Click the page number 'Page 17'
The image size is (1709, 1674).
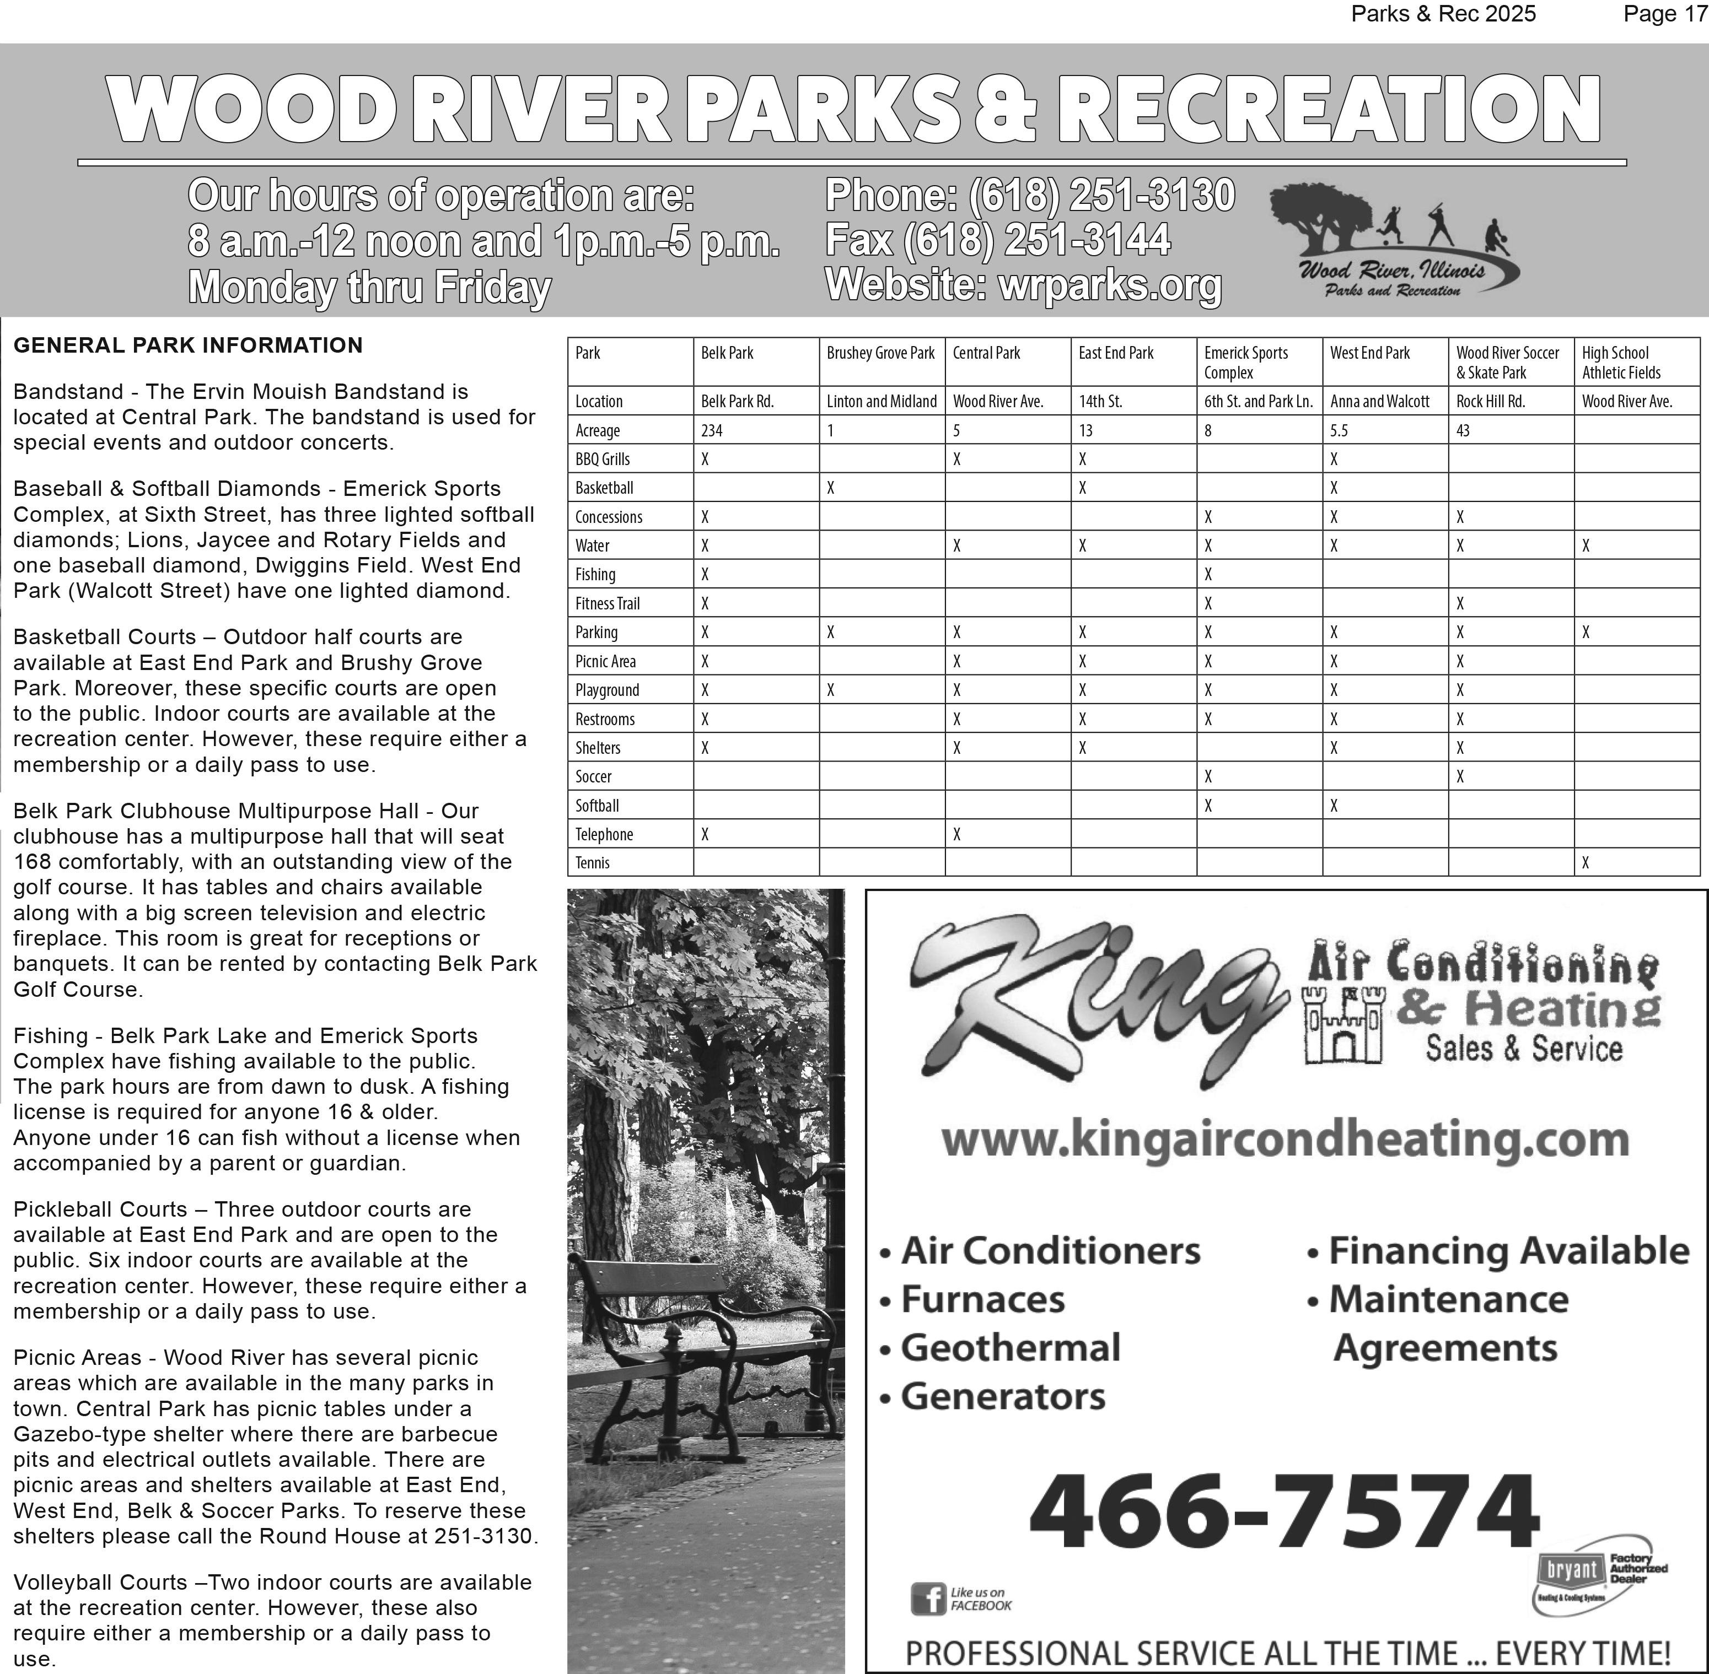(x=1665, y=14)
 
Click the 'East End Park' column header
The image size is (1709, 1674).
(x=1115, y=353)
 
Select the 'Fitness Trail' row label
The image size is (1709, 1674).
(x=607, y=604)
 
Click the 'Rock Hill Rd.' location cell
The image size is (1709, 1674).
(x=1490, y=402)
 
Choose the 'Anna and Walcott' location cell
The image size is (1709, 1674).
(x=1379, y=402)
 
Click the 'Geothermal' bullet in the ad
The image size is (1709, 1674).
(x=1010, y=1348)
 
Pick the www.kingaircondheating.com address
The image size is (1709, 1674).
(x=1284, y=1140)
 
